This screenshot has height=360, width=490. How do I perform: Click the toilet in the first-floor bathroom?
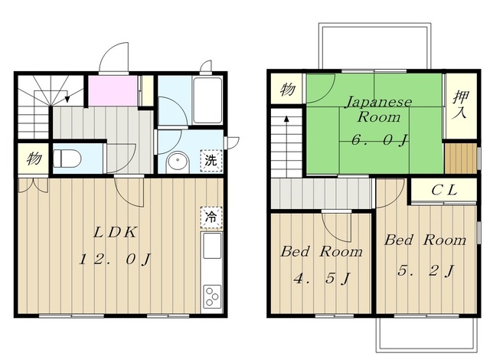tap(67, 159)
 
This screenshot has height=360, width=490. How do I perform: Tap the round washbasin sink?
tap(178, 162)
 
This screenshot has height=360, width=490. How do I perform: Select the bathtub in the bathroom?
tap(207, 100)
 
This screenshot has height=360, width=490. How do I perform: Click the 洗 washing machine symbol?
tap(211, 161)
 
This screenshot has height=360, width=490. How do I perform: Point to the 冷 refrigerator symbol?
tap(211, 217)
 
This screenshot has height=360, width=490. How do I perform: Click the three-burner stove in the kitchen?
tap(211, 296)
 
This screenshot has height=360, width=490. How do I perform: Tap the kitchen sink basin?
tap(211, 246)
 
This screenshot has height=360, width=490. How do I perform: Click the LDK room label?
tap(115, 233)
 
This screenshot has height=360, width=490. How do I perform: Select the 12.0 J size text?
tap(115, 260)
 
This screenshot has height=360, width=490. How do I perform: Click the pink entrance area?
tap(113, 90)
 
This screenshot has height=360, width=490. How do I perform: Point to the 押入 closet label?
tap(461, 104)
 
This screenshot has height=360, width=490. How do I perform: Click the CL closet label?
tap(444, 190)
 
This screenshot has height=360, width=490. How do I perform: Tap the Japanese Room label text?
tap(378, 110)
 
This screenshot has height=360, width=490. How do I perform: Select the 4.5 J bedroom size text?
tap(322, 278)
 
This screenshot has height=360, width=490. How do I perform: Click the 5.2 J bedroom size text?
tap(426, 270)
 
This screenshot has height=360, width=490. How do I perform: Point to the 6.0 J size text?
tap(380, 140)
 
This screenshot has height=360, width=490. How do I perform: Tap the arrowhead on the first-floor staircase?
tap(67, 100)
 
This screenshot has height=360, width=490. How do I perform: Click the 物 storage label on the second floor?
tap(288, 89)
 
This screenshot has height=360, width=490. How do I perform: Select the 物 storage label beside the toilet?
tap(34, 159)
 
